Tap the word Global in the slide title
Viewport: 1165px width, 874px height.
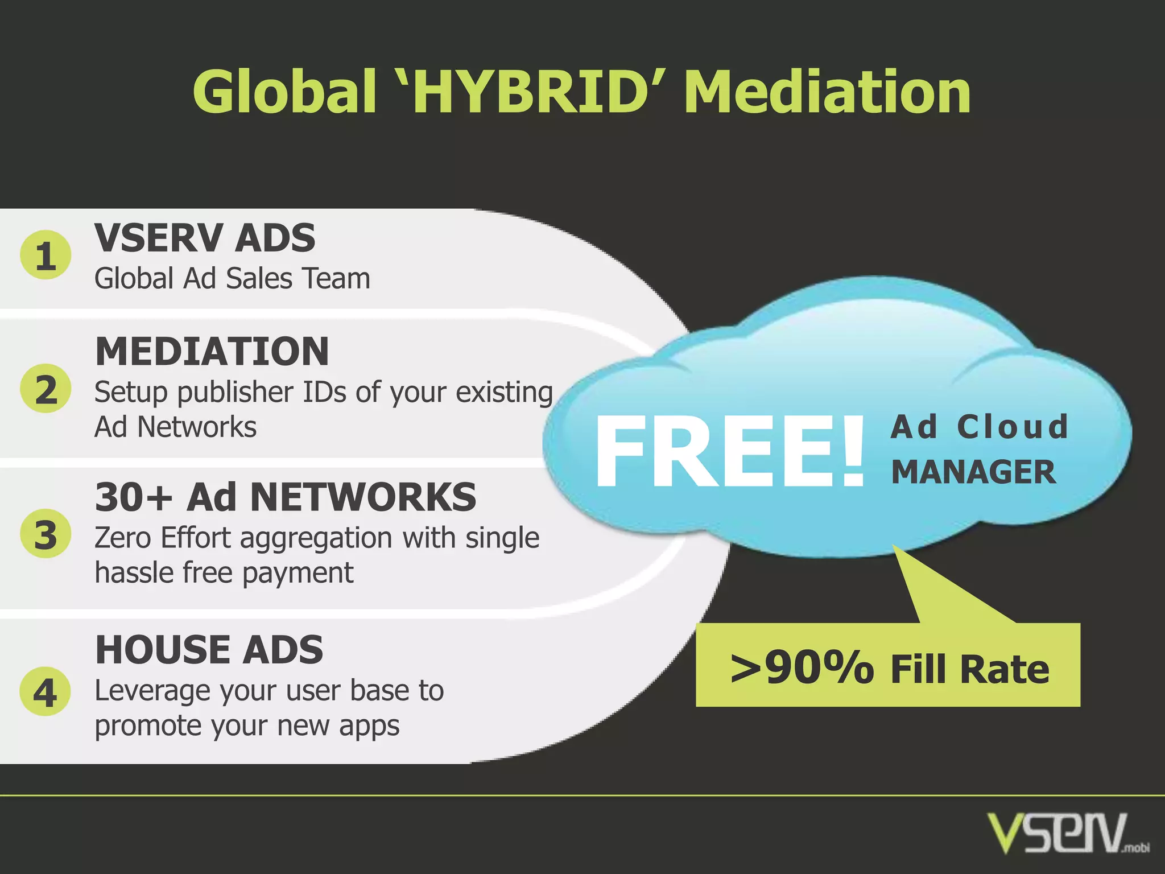284,91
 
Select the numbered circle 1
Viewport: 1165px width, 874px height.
46,255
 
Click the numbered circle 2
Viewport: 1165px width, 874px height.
46,389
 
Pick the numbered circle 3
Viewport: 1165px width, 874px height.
46,534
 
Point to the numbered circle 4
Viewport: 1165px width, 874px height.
46,691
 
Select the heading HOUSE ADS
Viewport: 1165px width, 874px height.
209,650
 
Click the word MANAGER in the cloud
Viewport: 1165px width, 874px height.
973,472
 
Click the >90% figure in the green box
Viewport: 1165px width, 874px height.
802,668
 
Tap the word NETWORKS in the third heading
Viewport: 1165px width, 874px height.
363,497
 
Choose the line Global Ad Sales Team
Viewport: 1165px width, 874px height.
232,279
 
